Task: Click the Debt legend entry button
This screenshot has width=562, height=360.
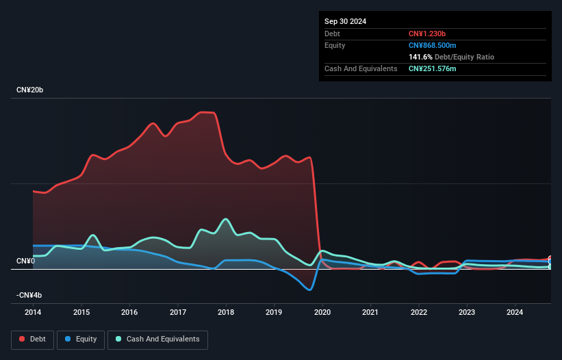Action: pos(30,339)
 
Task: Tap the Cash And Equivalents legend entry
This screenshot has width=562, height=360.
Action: pos(157,339)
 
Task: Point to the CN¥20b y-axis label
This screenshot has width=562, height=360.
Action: pos(30,90)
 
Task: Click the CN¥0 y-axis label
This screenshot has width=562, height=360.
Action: pos(25,261)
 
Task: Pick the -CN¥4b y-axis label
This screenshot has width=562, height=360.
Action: pos(30,296)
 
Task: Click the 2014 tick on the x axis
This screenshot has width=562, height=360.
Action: pos(33,313)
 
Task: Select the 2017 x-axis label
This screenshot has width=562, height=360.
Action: pos(177,313)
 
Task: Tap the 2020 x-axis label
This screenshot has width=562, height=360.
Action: pos(322,313)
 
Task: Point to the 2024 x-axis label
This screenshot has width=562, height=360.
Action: pos(515,313)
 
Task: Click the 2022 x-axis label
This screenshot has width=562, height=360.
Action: pos(418,313)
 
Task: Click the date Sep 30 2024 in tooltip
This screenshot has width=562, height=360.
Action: pos(345,21)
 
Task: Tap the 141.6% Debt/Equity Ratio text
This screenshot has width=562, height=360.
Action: pos(451,57)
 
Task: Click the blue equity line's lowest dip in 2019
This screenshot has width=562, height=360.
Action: pos(310,290)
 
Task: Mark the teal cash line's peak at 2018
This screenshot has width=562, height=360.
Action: pos(226,219)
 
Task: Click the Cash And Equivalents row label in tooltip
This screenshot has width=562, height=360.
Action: pos(361,68)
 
